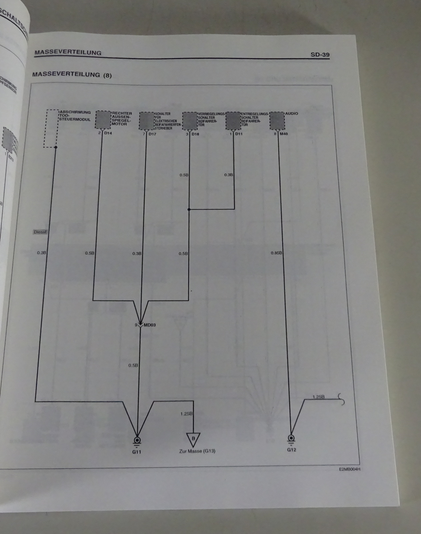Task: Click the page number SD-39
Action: point(320,54)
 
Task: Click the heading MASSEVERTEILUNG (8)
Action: point(72,75)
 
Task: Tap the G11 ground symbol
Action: point(137,440)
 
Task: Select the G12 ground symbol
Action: point(291,438)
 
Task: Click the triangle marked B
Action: point(193,439)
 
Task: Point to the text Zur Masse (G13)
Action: point(197,451)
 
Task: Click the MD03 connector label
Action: point(149,325)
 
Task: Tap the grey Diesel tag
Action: point(40,232)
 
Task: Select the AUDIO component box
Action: point(277,120)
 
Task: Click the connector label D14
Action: point(108,133)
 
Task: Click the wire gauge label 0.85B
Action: point(276,253)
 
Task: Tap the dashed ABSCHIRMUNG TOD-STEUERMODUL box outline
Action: point(51,128)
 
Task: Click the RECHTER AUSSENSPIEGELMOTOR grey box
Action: point(103,119)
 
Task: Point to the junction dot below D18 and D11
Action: point(189,210)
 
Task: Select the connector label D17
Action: point(152,134)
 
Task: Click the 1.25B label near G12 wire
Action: point(318,397)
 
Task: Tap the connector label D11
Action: point(239,134)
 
